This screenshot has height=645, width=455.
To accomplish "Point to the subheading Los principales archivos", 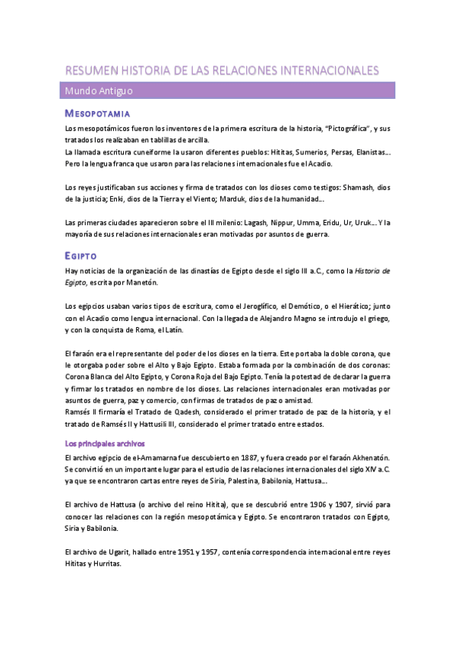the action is pos(105,443).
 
